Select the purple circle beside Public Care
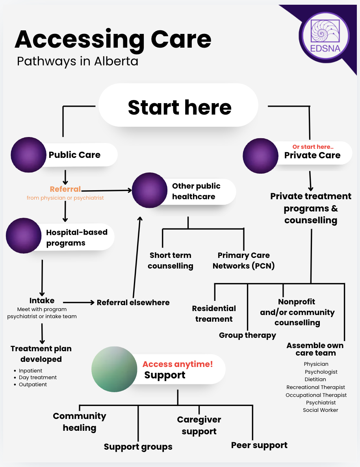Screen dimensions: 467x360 click(28, 155)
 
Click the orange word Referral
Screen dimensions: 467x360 click(65, 189)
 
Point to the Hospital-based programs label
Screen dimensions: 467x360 click(76, 237)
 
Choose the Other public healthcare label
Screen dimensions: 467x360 click(196, 191)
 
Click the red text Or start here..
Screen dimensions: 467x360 click(313, 147)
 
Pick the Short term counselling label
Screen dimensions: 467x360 click(170, 261)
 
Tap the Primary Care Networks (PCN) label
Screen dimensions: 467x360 click(243, 261)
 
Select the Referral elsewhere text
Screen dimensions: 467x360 click(133, 302)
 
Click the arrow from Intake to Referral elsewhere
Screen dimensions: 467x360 click(79, 302)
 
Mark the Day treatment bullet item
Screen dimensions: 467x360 click(38, 378)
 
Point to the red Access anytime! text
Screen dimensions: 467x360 click(177, 364)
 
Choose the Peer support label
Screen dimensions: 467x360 click(259, 445)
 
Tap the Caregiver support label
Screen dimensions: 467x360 click(199, 426)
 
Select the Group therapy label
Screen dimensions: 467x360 click(247, 335)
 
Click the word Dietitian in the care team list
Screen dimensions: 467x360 click(315, 380)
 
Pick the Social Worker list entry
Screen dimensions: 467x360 click(320, 410)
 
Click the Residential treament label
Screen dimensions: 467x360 click(214, 314)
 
